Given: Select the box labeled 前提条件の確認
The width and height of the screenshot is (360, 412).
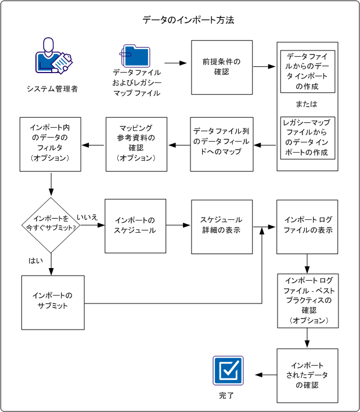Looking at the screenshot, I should [222, 67].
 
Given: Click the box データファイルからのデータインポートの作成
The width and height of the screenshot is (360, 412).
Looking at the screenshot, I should [307, 71].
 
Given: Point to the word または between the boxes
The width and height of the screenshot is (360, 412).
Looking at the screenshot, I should [307, 104].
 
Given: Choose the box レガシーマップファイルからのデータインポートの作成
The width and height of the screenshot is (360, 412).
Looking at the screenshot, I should [307, 138].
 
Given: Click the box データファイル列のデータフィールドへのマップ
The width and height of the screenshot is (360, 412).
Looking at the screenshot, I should [222, 144].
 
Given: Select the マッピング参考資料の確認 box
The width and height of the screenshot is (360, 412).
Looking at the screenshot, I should [136, 144].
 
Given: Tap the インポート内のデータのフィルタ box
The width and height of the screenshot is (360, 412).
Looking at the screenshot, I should [50, 144].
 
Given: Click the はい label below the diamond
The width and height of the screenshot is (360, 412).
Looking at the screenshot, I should [35, 261].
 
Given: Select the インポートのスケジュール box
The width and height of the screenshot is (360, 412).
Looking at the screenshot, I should [135, 226].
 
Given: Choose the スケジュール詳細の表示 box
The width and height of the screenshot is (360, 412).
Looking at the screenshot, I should [222, 226].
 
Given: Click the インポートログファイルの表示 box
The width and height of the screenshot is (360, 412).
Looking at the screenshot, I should [308, 226].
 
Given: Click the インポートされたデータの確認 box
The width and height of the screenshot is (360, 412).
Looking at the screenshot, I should [307, 375].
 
